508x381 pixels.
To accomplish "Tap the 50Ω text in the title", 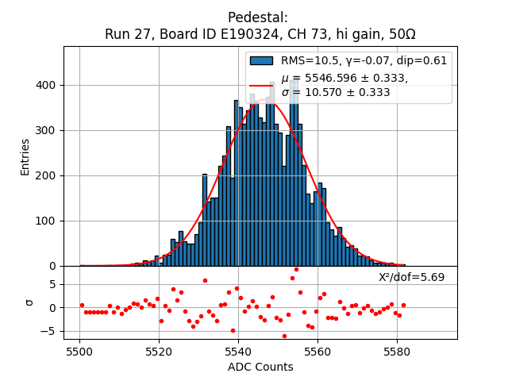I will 401,35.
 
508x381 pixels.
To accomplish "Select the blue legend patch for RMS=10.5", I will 261,60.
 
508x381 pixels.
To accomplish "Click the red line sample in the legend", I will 261,85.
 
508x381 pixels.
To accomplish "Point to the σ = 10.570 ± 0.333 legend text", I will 335,92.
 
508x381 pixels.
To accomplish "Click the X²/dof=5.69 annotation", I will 411,277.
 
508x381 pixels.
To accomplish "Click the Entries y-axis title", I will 25,156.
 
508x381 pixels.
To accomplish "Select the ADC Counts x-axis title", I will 260,367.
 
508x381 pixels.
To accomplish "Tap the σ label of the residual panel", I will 29,302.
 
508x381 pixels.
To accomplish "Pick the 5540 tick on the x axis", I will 238,351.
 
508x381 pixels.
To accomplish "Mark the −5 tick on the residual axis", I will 49,331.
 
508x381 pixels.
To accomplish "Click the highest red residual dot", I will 296,269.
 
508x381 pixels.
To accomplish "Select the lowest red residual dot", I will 284,336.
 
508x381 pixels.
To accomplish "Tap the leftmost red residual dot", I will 82,305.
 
